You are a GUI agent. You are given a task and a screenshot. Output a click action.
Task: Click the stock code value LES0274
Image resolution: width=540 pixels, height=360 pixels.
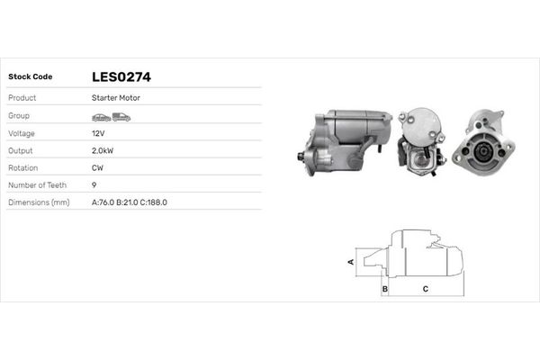pyautogui.click(x=127, y=77)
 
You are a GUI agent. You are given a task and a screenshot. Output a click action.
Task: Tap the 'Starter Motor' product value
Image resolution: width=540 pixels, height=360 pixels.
pyautogui.click(x=114, y=97)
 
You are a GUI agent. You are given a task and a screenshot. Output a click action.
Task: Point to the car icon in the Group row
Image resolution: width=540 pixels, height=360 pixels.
pyautogui.click(x=101, y=117)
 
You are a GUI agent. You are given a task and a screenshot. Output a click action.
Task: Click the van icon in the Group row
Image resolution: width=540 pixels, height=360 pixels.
pyautogui.click(x=121, y=117)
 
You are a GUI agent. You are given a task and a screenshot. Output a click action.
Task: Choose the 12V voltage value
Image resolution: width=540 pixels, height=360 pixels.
pyautogui.click(x=98, y=133)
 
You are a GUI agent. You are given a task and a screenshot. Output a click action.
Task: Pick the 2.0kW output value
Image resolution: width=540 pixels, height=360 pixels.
pyautogui.click(x=103, y=150)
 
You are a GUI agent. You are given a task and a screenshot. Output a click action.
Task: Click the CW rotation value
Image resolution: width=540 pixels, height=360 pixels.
pyautogui.click(x=98, y=167)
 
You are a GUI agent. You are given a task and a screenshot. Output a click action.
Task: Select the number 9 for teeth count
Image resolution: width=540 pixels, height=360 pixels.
pyautogui.click(x=94, y=184)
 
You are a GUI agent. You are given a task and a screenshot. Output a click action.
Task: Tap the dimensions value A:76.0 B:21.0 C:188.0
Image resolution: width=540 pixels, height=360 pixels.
pyautogui.click(x=130, y=202)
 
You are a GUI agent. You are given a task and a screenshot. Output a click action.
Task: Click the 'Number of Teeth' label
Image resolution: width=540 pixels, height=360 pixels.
pyautogui.click(x=36, y=184)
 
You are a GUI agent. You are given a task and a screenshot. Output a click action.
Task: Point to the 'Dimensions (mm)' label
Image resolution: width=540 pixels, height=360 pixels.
pyautogui.click(x=39, y=202)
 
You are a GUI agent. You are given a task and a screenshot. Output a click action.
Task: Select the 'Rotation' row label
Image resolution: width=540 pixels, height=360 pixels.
pyautogui.click(x=22, y=167)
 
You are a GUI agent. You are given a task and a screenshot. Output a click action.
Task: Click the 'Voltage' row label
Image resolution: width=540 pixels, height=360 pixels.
pyautogui.click(x=22, y=133)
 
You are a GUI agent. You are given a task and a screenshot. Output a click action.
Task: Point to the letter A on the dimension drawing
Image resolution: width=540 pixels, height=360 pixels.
pyautogui.click(x=351, y=262)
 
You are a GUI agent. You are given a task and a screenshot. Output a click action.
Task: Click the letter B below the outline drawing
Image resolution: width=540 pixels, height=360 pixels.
pyautogui.click(x=384, y=290)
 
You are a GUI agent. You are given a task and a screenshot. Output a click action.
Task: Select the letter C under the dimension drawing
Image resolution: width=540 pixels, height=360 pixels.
pyautogui.click(x=425, y=290)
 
